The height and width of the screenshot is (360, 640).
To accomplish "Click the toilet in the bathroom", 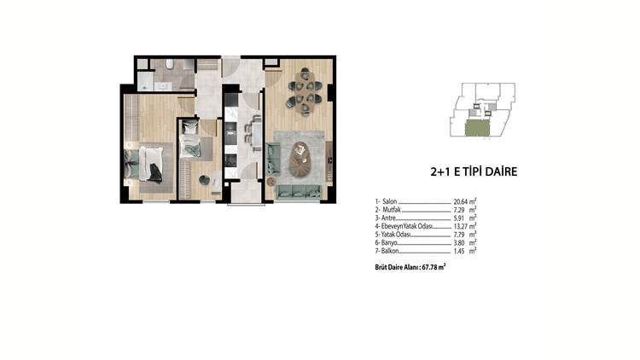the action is coord(170,64).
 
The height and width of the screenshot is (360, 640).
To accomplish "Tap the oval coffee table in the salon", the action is coord(301,159).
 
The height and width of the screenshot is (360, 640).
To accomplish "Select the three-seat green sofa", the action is coord(298,191).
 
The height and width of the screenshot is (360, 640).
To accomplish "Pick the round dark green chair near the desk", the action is coord(204,180).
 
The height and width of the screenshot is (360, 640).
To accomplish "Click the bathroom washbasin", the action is coord(164,86).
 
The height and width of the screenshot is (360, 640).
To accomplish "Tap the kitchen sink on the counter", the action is coord(231,133).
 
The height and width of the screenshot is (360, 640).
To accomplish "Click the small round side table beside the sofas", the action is coord(271,182).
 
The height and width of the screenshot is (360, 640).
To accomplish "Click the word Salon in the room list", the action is coord(390,201).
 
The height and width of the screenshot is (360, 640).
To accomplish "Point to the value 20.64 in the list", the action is coord(461,201).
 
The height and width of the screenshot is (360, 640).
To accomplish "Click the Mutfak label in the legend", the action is coord(392,210).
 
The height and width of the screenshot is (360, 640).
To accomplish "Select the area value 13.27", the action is coord(461,226).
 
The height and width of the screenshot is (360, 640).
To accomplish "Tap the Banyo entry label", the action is coord(389,243).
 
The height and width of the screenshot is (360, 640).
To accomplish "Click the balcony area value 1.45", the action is coord(459,251).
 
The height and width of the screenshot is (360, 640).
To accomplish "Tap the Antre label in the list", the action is coord(388,218).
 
